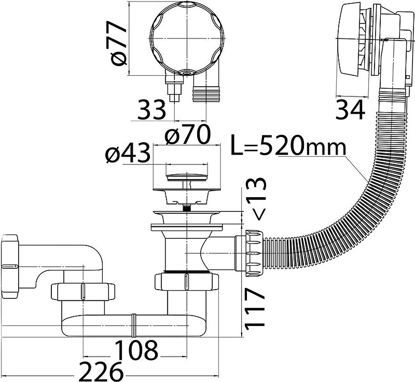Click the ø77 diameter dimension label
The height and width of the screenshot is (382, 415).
tap(118, 44)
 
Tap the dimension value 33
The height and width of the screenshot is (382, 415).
tap(151, 110)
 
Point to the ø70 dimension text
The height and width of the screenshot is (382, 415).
tap(187, 134)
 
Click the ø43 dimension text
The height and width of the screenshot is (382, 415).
tap(127, 153)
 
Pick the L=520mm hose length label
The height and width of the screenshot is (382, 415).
tap(288, 145)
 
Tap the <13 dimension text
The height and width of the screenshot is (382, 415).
tap(256, 199)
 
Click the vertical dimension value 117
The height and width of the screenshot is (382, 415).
tap(255, 309)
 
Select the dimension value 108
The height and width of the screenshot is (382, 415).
tap(136, 350)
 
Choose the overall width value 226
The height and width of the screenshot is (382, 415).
tap(101, 371)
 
